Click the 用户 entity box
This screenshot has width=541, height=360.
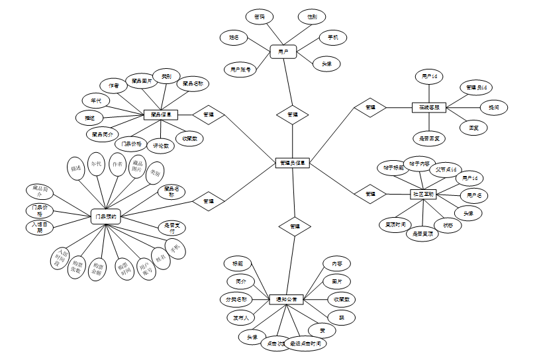pos(283,51)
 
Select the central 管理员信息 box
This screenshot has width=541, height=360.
pos(293,163)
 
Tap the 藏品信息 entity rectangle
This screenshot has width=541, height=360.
pos(161,114)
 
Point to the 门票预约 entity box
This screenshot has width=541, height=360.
pos(105,216)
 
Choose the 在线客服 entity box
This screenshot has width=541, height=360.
pos(429,107)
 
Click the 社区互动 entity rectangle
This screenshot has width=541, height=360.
pos(423,194)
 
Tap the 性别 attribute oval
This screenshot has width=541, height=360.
pos(311,16)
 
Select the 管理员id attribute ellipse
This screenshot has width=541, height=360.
pos(476,87)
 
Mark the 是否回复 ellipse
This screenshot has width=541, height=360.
pos(429,138)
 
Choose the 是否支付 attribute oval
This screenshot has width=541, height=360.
pos(172,228)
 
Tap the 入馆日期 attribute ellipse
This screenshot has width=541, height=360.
pos(40,228)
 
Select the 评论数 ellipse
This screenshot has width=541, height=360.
pos(161,144)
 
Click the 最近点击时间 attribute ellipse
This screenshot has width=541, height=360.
pos(305,344)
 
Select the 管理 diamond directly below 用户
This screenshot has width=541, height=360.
pos(292,114)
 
